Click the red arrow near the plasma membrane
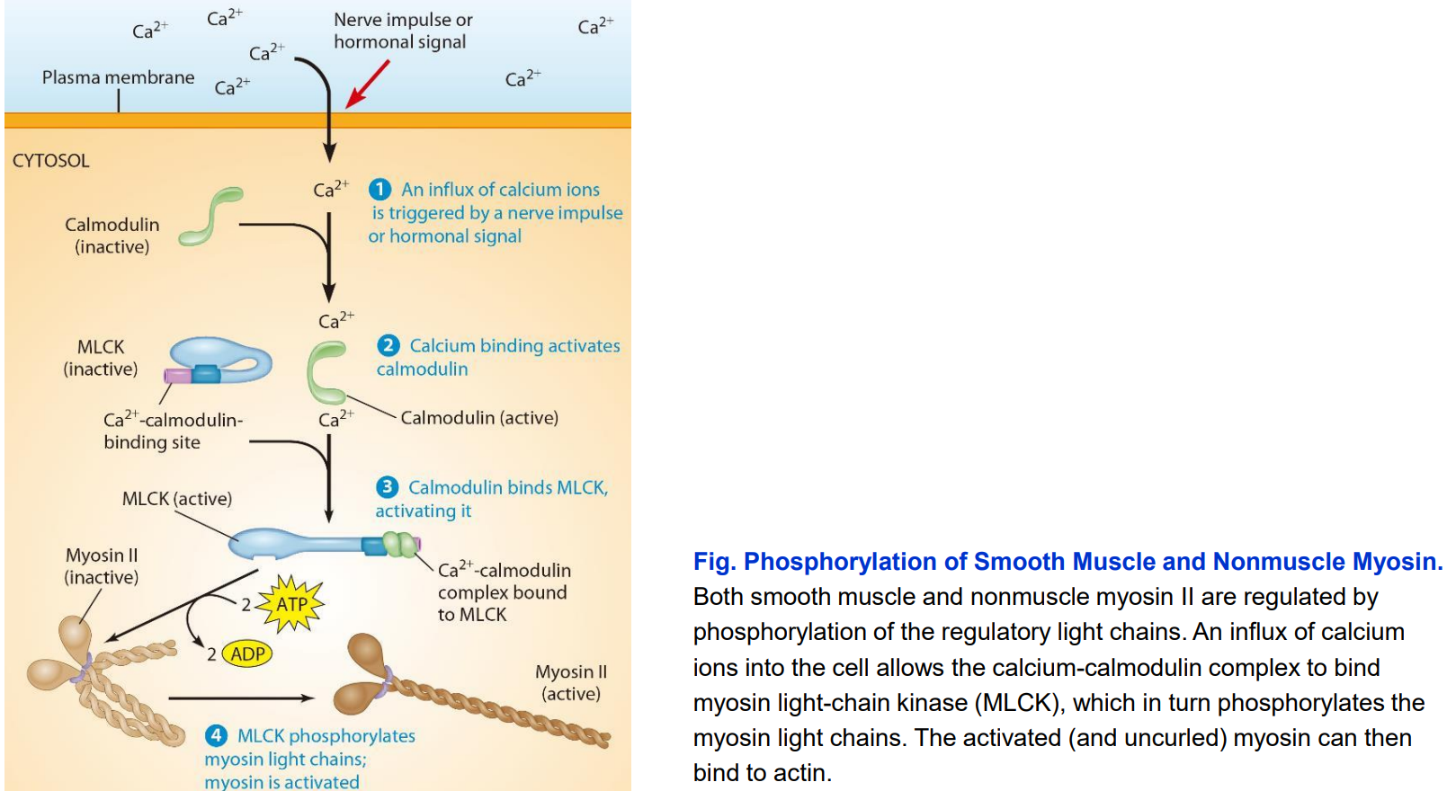point(367,84)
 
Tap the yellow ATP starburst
point(290,604)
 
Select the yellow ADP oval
point(247,653)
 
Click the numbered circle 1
point(380,189)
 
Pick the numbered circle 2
point(389,345)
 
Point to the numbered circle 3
point(387,486)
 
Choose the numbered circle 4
point(216,735)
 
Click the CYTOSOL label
point(50,161)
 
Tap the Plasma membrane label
point(118,77)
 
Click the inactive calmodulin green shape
point(210,216)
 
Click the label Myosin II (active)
point(571,682)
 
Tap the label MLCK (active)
point(177,499)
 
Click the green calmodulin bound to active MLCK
point(400,544)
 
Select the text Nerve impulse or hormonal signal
point(402,31)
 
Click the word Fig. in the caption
point(714,562)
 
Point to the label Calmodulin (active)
point(478,418)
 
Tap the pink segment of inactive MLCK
point(177,376)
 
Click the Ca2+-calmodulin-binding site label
point(173,431)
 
